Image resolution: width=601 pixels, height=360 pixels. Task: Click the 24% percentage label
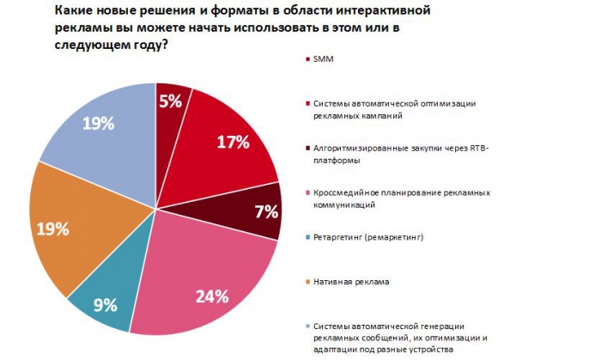tap(210, 296)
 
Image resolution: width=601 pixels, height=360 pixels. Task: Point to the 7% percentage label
tap(264, 211)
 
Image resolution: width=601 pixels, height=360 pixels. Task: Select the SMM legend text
tap(325, 59)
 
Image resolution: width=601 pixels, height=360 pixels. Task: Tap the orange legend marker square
tap(307, 281)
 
